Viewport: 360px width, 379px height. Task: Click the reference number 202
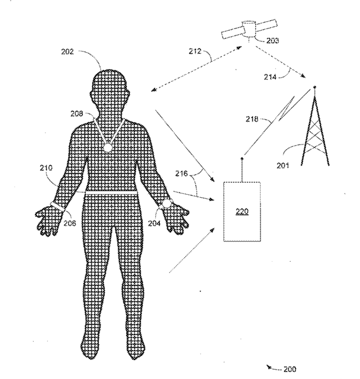click(68, 52)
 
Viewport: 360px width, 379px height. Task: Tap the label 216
click(182, 175)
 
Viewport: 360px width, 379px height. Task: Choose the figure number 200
click(289, 370)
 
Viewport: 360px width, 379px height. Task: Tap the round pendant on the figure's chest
click(108, 147)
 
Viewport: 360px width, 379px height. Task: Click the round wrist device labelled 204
click(167, 203)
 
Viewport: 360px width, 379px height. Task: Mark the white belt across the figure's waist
click(111, 194)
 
